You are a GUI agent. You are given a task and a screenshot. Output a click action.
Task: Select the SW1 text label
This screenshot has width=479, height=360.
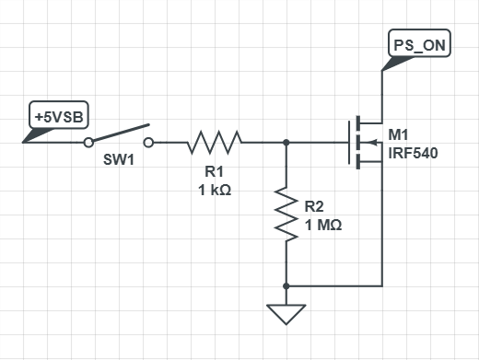119,159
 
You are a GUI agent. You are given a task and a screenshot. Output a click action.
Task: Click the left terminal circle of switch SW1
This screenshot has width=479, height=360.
88,143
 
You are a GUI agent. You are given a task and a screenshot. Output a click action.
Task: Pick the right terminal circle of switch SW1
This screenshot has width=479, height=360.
148,143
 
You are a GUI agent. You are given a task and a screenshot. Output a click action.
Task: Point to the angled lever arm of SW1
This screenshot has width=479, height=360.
122,133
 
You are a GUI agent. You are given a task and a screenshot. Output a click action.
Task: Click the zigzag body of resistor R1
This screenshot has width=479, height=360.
215,142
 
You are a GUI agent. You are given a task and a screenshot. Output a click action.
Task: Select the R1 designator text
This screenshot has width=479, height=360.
214,171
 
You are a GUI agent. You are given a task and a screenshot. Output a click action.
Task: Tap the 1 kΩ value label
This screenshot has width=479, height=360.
215,190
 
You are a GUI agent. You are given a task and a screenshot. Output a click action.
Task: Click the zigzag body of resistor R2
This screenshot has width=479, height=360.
286,215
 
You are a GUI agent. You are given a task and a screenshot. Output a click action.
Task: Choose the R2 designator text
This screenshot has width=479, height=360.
314,206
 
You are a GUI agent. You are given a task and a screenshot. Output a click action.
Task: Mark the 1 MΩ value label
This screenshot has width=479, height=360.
323,225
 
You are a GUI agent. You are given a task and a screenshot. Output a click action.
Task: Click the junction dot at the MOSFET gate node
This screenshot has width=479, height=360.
286,143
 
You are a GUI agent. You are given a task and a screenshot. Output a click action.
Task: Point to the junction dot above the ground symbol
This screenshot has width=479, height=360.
286,286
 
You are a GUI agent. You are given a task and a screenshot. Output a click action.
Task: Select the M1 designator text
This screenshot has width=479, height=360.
398,134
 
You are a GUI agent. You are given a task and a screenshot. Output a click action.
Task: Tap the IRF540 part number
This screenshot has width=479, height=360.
413,153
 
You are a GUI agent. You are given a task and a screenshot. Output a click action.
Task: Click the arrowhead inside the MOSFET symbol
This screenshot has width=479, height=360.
372,143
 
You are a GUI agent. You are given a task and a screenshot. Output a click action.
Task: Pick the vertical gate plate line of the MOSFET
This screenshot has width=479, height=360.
349,143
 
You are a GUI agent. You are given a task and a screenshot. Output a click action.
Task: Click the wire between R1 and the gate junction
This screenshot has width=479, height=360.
264,143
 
